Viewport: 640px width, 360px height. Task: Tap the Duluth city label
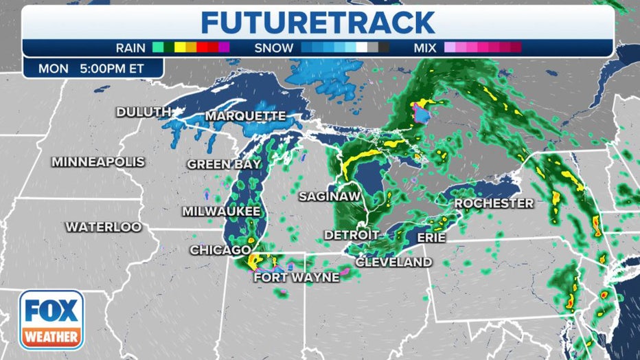(x=144, y=111)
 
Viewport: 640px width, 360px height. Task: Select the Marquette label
(x=245, y=115)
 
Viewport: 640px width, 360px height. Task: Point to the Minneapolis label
(x=98, y=162)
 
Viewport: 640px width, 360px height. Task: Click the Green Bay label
(x=224, y=164)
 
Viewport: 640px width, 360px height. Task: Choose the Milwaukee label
(x=221, y=211)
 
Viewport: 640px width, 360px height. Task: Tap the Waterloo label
(x=104, y=226)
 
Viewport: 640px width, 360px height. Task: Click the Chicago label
(x=220, y=250)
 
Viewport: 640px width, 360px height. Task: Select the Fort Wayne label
(x=297, y=278)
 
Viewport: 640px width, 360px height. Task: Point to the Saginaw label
(x=330, y=196)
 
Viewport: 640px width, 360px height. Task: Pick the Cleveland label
(x=393, y=262)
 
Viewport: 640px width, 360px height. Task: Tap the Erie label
(x=431, y=238)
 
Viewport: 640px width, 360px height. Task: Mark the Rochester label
(x=494, y=203)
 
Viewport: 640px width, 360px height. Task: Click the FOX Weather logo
(x=51, y=319)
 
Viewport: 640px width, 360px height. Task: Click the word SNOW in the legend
(x=274, y=48)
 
